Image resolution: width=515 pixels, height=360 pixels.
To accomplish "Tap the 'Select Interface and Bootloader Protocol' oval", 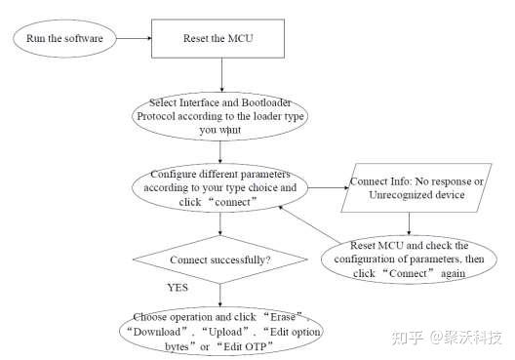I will (222, 115).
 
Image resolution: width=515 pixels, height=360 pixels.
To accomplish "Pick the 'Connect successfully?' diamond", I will (220, 261).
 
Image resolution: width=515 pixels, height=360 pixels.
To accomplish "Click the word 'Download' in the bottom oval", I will (158, 332).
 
